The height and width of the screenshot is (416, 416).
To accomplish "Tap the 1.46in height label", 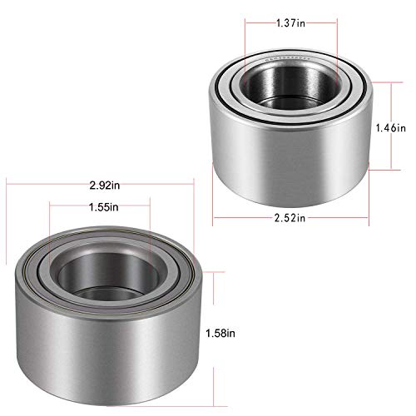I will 390,128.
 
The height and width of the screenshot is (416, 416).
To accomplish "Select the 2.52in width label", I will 289,218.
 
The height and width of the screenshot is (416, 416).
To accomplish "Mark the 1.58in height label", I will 222,333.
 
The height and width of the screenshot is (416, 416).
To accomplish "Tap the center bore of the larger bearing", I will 98,275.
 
